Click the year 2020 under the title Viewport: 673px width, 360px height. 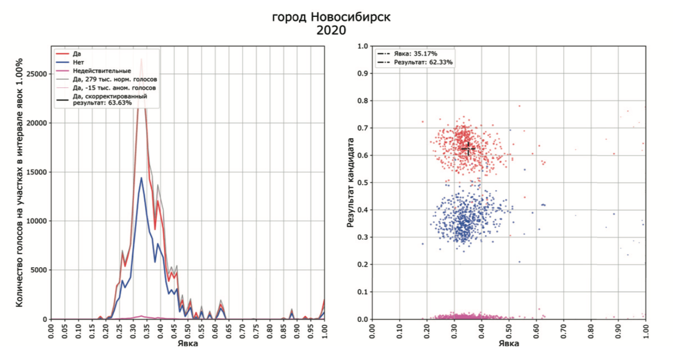[x=331, y=31]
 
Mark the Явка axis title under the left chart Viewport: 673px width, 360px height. [x=188, y=344]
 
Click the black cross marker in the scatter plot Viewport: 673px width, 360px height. [x=468, y=148]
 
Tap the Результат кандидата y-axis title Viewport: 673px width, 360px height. [x=351, y=182]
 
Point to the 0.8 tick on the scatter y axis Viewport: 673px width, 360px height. [x=362, y=101]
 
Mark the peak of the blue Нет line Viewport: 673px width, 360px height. [x=141, y=178]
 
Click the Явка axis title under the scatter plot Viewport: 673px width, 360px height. [x=509, y=344]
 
